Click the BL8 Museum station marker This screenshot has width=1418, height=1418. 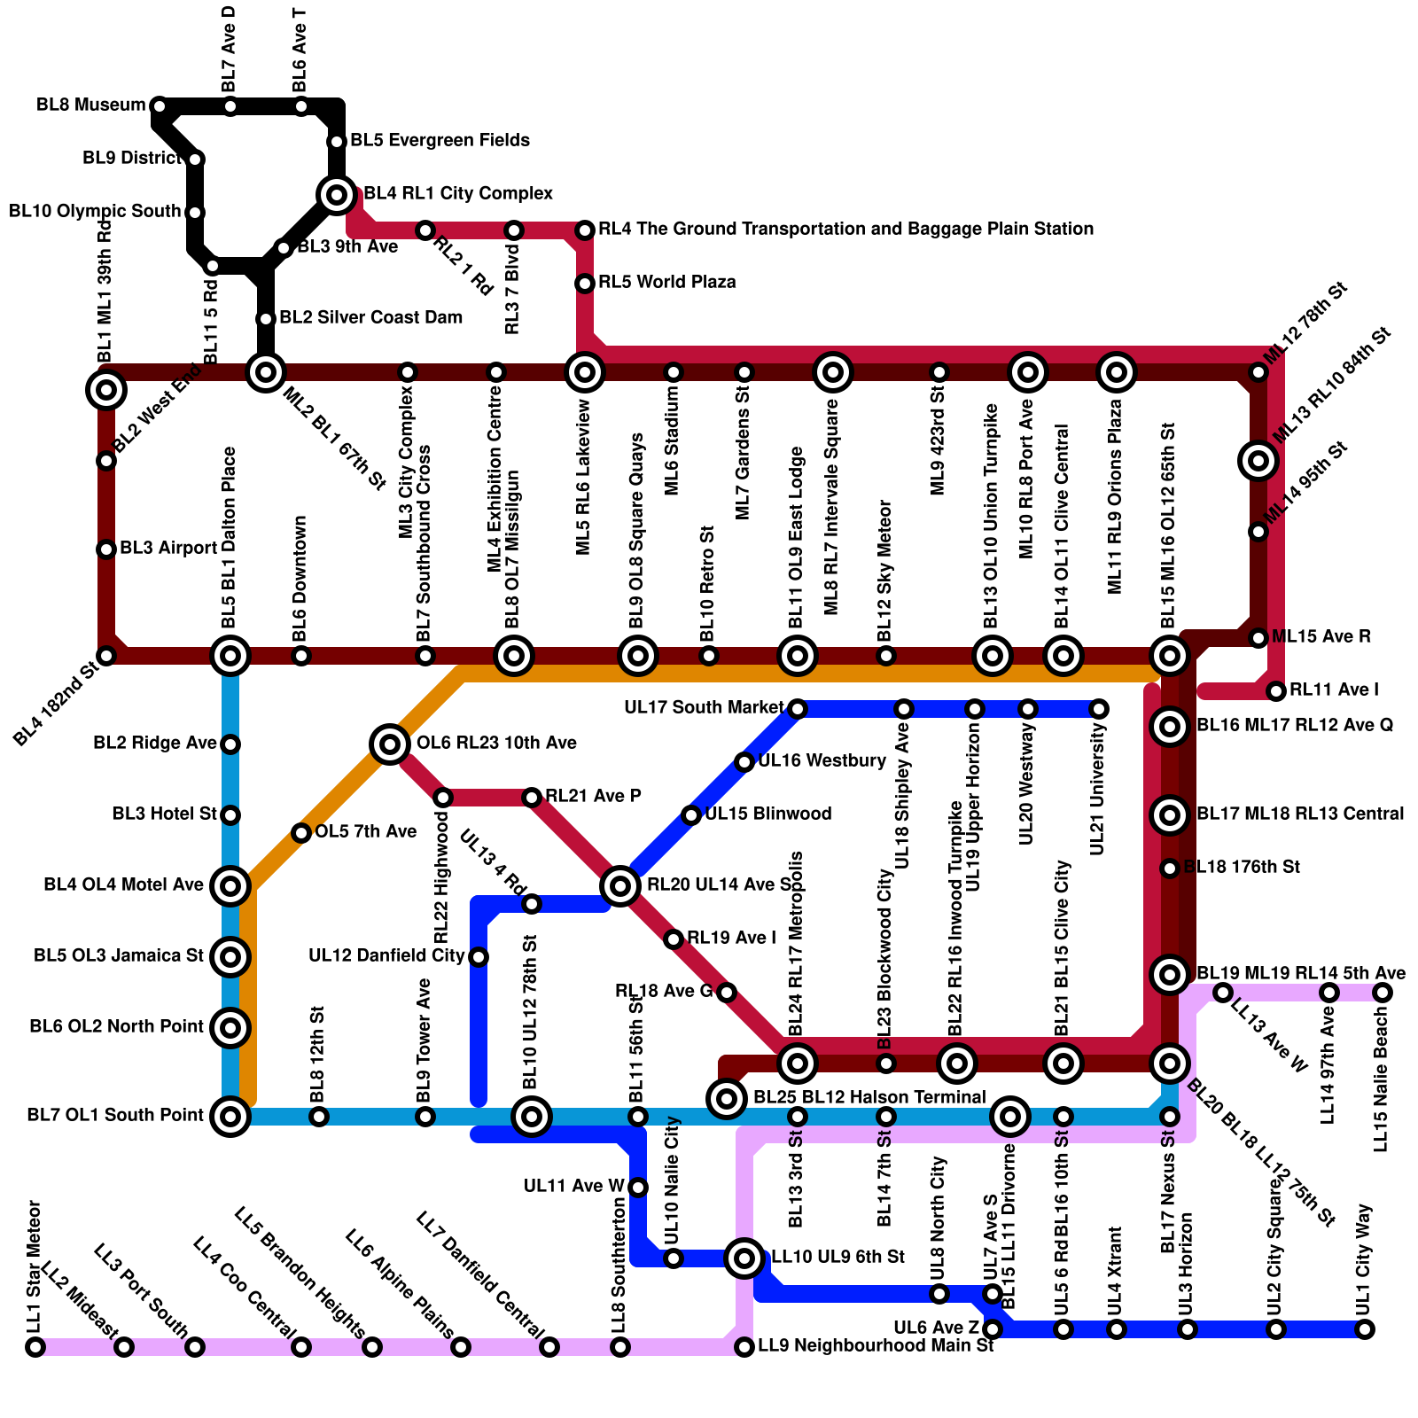pyautogui.click(x=160, y=106)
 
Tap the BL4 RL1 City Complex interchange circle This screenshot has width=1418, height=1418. pyautogui.click(x=337, y=194)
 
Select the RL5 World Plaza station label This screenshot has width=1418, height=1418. pyautogui.click(x=666, y=283)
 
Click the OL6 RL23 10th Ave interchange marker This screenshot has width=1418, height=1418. pyautogui.click(x=390, y=744)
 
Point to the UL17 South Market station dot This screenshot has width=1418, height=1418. pyautogui.click(x=798, y=708)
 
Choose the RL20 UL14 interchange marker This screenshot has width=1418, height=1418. pyautogui.click(x=620, y=885)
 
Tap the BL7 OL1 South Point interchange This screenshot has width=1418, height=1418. pyautogui.click(x=230, y=1116)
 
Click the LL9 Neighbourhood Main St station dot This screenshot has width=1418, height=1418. pyautogui.click(x=744, y=1347)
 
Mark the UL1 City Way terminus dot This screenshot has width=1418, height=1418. pyautogui.click(x=1365, y=1328)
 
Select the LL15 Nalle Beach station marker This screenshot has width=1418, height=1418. pyautogui.click(x=1383, y=993)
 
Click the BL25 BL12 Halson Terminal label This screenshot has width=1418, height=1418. pyautogui.click(x=869, y=1098)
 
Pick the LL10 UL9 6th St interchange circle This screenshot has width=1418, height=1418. pyautogui.click(x=744, y=1258)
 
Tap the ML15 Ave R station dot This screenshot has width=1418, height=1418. pyautogui.click(x=1258, y=637)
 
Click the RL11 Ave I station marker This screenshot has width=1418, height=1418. pyautogui.click(x=1276, y=690)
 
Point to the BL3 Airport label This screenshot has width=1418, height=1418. pyautogui.click(x=168, y=549)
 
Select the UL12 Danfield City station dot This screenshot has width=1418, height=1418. pyautogui.click(x=479, y=956)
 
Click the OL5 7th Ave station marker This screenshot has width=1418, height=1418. pyautogui.click(x=301, y=832)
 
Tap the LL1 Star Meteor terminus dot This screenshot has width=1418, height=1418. pyautogui.click(x=35, y=1347)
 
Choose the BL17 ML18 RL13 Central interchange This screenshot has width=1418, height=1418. pyautogui.click(x=1170, y=814)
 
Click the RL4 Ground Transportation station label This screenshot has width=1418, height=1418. pyautogui.click(x=845, y=230)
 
